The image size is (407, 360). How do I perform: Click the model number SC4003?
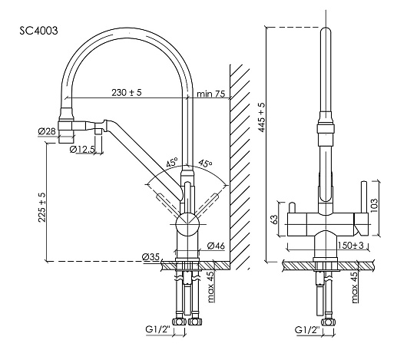38,31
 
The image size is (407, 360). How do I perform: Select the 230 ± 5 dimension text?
127,92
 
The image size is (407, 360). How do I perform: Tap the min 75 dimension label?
210,94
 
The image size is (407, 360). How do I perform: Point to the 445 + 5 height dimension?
262,117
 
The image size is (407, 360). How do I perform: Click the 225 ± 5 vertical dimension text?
42,207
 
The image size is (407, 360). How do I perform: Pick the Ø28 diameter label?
47,131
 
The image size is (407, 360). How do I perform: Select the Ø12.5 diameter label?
82,150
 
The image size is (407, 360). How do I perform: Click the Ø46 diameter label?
216,246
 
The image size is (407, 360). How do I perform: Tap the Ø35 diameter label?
151,257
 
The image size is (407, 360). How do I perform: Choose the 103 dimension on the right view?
374,206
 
